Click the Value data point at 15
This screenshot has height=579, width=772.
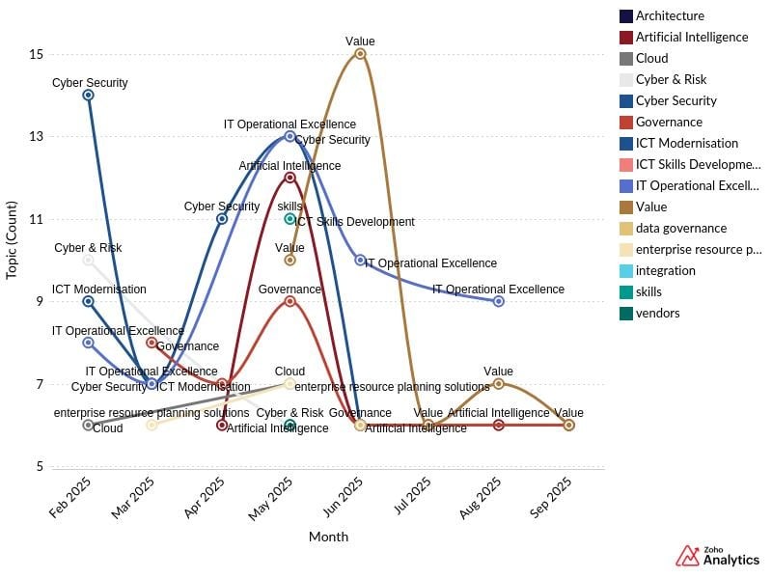coord(360,54)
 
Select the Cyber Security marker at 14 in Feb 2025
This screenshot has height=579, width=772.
coord(88,95)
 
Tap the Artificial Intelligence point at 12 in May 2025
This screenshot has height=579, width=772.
coord(289,178)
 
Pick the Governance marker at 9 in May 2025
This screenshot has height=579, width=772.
coord(289,301)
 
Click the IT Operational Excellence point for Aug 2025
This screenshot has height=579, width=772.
coord(498,301)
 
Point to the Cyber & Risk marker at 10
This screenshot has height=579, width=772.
coord(88,260)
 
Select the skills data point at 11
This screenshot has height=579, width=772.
coord(289,219)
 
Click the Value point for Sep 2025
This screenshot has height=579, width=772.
coord(568,425)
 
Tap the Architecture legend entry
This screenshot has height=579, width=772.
coord(670,16)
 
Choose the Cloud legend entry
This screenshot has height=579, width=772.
coord(651,59)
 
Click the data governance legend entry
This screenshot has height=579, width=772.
coord(680,229)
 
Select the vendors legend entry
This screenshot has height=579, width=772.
coord(657,314)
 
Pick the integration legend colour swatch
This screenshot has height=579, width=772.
coord(626,271)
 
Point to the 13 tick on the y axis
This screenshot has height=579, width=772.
coord(37,137)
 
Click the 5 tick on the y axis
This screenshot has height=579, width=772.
coord(40,467)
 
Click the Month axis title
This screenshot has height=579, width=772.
coord(328,537)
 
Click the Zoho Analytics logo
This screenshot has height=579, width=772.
coord(717,556)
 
